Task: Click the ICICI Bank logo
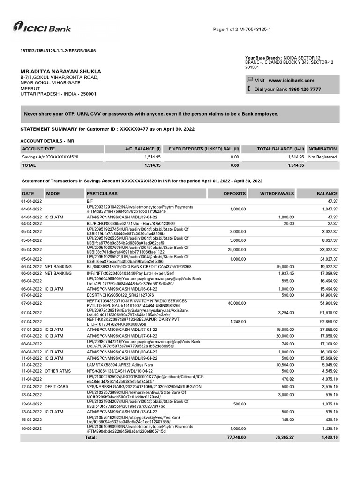(42, 28)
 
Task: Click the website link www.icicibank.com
(291, 81)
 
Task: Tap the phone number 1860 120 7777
(305, 89)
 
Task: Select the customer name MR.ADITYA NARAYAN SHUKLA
(60, 71)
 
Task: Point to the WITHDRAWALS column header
(277, 193)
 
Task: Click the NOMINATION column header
(322, 149)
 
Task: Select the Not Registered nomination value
(322, 157)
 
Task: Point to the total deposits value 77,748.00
(236, 437)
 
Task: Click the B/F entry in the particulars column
(90, 201)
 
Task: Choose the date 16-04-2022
(32, 429)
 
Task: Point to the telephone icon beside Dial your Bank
(250, 89)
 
